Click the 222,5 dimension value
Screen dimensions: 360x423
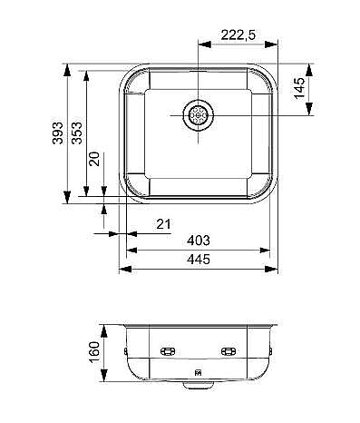tap(238, 35)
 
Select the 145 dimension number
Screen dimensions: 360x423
tap(300, 88)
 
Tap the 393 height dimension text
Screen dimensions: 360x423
tap(58, 133)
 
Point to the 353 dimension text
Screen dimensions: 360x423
tap(76, 133)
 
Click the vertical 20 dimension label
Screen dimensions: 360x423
tap(94, 159)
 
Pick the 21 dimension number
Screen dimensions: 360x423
tap(163, 224)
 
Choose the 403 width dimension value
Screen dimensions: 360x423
tap(199, 241)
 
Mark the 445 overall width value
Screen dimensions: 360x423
tap(199, 260)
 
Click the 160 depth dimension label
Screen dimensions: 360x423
tap(94, 352)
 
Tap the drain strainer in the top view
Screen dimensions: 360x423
tap(198, 115)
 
